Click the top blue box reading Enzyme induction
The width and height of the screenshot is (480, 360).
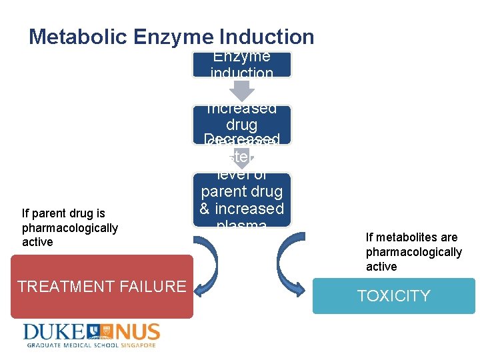click(241, 65)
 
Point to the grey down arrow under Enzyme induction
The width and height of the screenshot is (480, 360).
click(241, 91)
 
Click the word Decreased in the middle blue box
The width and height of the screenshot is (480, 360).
click(241, 140)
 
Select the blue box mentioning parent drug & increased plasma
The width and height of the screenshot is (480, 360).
click(241, 200)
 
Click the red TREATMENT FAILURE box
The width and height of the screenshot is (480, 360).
click(101, 287)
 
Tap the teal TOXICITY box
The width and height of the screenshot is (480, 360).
click(393, 296)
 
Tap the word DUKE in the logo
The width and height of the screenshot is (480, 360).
click(55, 333)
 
